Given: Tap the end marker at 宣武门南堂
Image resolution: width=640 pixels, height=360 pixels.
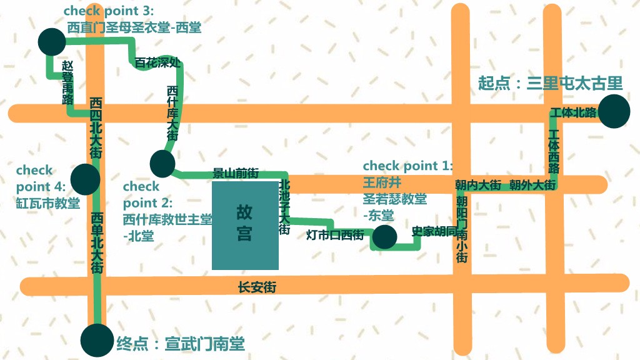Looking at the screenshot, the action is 97,341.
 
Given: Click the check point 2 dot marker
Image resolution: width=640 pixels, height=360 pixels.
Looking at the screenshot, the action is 162,164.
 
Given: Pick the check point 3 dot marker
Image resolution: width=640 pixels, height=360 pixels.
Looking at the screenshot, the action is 51,41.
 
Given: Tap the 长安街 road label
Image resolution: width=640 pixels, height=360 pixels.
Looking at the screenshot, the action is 257,287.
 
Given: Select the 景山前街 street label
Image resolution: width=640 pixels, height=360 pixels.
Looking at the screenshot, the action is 236,173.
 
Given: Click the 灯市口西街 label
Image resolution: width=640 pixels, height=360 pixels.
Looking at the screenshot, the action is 334,236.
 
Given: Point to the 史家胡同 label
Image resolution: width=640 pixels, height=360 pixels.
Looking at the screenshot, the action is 434,231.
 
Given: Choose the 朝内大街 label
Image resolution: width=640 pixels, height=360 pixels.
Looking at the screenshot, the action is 478,185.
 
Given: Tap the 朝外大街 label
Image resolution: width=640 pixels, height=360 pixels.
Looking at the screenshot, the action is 532,185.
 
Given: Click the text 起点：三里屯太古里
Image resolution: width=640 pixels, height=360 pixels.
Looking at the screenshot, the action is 550,83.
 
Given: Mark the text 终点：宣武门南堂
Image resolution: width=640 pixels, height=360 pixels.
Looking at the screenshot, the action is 181,343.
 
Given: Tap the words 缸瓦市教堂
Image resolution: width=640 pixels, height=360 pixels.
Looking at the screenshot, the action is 48,203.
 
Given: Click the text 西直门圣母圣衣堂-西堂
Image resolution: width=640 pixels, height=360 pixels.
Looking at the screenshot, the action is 134,27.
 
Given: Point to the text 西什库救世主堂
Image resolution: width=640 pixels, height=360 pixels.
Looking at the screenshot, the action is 167,219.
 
